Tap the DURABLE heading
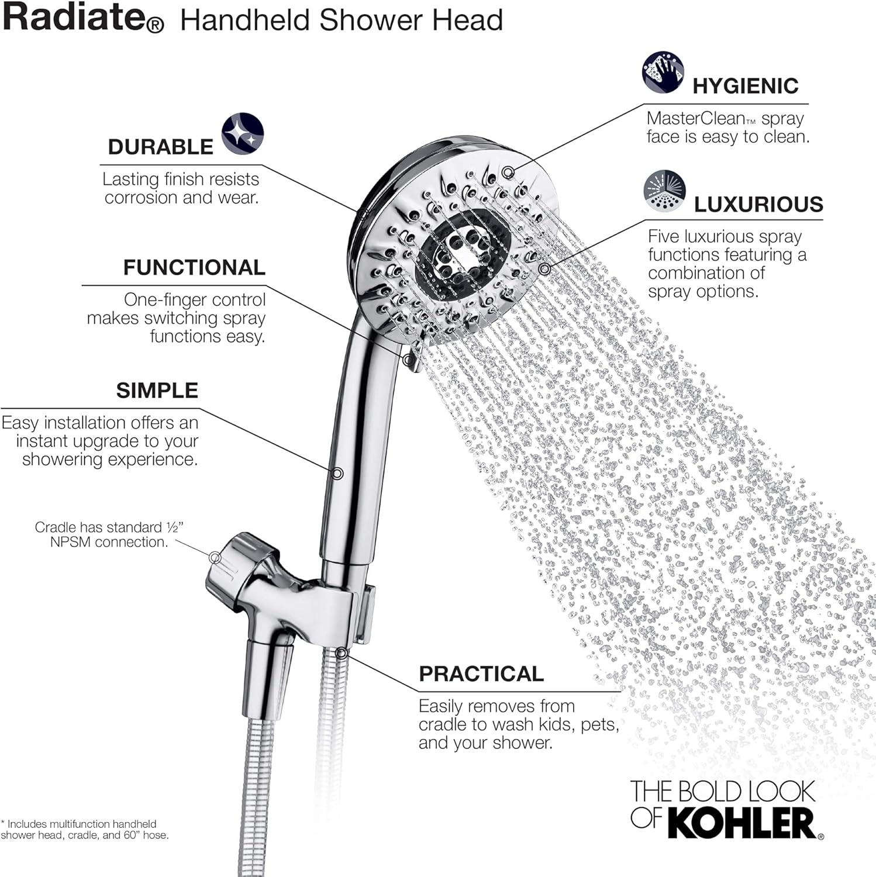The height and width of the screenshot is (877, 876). click(x=160, y=147)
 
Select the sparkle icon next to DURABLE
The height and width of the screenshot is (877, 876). click(x=242, y=134)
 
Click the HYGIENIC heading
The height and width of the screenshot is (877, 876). click(x=745, y=86)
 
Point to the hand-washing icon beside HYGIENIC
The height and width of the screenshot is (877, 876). click(x=663, y=72)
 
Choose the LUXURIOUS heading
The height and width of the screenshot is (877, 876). click(x=758, y=204)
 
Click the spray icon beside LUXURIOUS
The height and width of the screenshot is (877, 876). click(x=664, y=191)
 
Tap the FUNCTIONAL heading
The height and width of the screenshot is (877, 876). click(x=194, y=267)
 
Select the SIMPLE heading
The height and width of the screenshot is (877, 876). click(x=157, y=390)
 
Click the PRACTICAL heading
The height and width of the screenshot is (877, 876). click(x=481, y=674)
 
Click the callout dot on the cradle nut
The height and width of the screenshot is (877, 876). click(x=215, y=558)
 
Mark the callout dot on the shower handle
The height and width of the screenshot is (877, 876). click(x=337, y=473)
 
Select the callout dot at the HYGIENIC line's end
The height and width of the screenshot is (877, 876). click(x=508, y=172)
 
